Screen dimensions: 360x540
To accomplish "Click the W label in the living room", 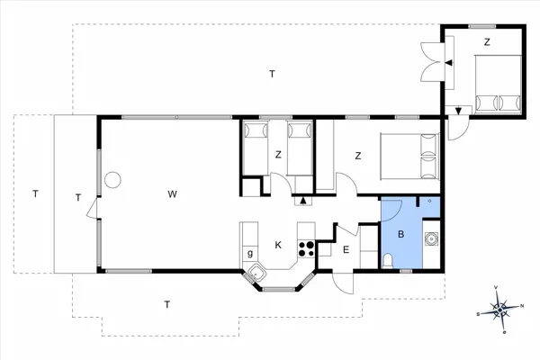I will click(x=171, y=194).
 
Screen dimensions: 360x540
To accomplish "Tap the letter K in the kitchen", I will click(x=279, y=244).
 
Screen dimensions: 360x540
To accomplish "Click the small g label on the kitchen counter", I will click(x=249, y=254).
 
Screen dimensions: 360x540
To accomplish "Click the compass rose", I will click(x=500, y=310).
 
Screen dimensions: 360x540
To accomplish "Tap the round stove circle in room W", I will click(x=112, y=179).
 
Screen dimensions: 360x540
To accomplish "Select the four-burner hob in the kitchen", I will click(x=306, y=248).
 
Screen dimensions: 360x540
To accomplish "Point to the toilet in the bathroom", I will click(x=387, y=260).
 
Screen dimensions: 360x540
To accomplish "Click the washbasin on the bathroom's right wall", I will click(x=433, y=239).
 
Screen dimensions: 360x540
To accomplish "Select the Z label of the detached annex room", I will click(x=487, y=42).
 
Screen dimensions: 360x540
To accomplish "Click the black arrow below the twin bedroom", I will click(x=302, y=201).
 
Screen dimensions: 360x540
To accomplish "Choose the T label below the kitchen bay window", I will click(x=167, y=304).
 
